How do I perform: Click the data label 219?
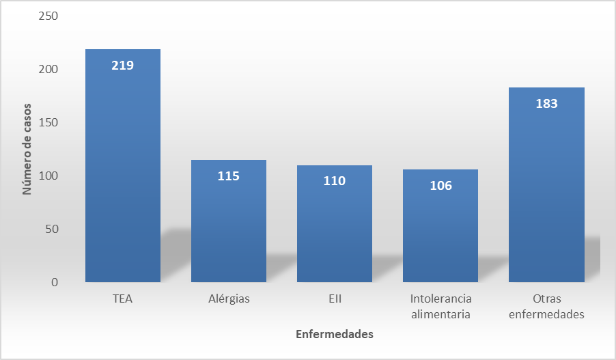click(123, 66)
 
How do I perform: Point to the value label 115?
click(229, 176)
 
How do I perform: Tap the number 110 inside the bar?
click(335, 181)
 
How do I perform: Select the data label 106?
click(440, 186)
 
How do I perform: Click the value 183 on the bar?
click(546, 104)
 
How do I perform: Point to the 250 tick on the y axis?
click(48, 16)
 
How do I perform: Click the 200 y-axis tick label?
click(48, 69)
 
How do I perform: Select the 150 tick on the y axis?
click(48, 122)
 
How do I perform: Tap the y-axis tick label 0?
click(54, 282)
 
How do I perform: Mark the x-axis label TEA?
click(123, 299)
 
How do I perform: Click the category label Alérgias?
click(229, 299)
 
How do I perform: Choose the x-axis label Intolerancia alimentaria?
click(440, 307)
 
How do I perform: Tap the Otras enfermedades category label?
click(546, 307)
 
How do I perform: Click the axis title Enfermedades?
click(335, 335)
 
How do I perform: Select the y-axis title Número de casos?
click(27, 149)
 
